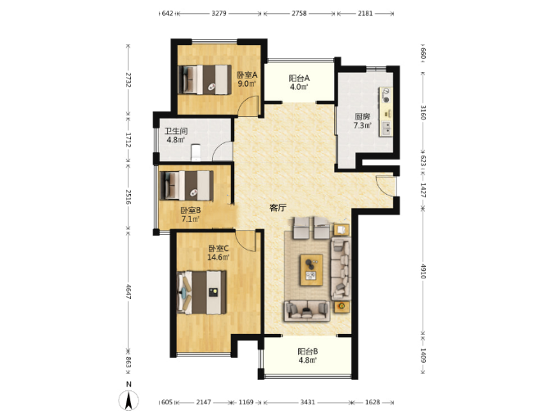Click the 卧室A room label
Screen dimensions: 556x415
[x=246, y=75]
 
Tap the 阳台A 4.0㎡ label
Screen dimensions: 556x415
[x=299, y=82]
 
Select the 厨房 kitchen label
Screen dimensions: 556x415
[x=363, y=116]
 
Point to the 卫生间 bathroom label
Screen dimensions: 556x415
[x=176, y=131]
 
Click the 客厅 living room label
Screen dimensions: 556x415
[x=278, y=208]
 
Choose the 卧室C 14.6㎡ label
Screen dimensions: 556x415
[x=218, y=253]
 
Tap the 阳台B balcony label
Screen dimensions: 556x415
[x=307, y=351]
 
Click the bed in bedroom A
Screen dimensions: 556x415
[x=205, y=79]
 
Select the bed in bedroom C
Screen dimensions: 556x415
[x=201, y=292]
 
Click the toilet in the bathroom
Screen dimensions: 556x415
[x=196, y=152]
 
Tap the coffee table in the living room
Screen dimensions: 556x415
[x=311, y=269]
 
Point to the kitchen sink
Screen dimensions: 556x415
[x=386, y=129]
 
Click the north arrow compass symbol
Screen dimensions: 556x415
[x=129, y=400]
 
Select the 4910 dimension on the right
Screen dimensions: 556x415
[x=423, y=270]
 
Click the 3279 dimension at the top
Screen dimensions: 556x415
[x=219, y=13]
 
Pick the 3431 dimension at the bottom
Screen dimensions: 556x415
[x=307, y=402]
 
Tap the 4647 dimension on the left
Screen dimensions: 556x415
[x=129, y=291]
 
